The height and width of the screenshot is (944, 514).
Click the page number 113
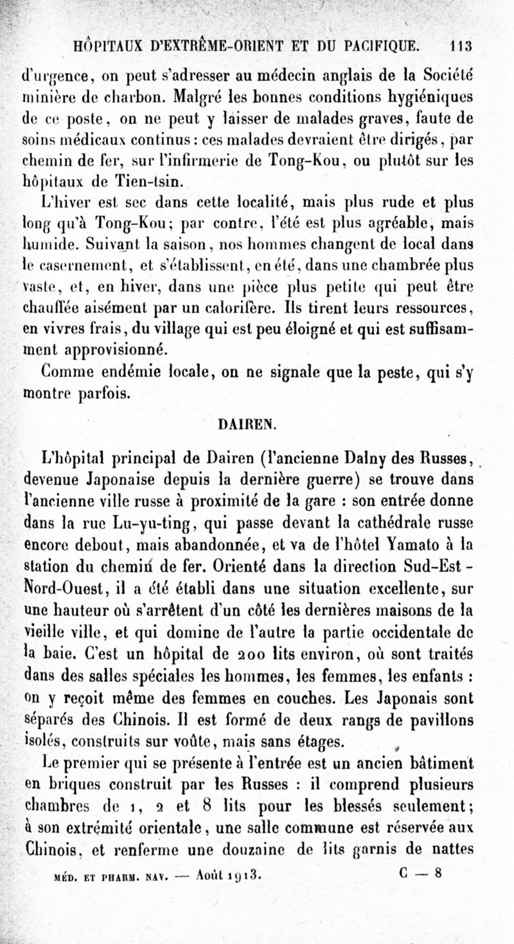point(461,46)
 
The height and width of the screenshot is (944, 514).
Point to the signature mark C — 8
point(420,873)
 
